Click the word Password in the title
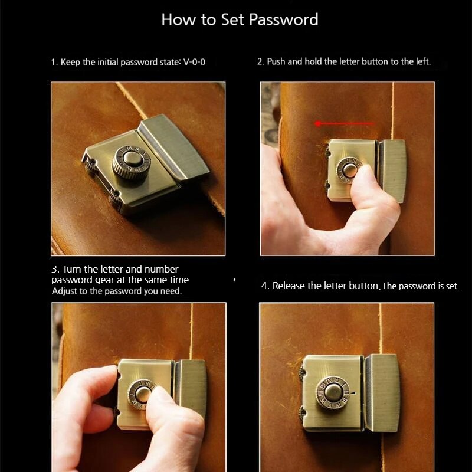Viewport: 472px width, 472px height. pos(284,20)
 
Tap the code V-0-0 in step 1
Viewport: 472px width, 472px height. pos(194,62)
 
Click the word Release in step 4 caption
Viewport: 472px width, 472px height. pos(289,286)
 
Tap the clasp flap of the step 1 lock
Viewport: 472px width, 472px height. pos(173,146)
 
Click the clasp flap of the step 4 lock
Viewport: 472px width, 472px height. pos(382,393)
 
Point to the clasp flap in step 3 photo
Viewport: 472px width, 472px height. pos(190,388)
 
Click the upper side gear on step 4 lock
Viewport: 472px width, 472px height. pos(301,371)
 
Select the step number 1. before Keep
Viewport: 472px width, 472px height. pos(54,63)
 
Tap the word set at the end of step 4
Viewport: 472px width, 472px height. pos(453,286)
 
